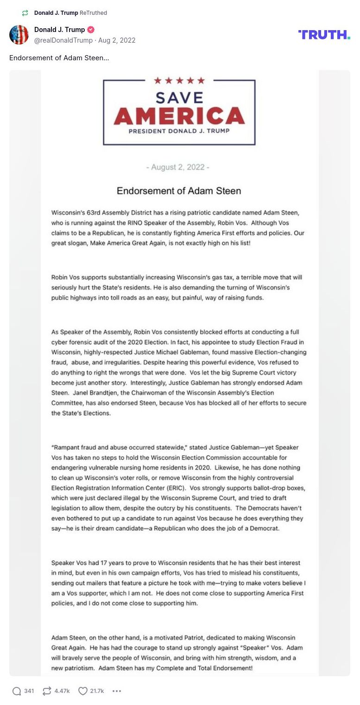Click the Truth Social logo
(324, 35)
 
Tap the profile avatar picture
(19, 35)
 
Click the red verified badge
(91, 30)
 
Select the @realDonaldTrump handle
(63, 40)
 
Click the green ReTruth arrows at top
(25, 13)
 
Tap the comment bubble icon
(17, 691)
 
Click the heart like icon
(82, 691)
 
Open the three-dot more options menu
(117, 691)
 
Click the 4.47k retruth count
(62, 691)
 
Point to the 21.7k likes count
(97, 691)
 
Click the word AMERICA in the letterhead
(179, 116)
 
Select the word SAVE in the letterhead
(179, 97)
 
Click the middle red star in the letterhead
(179, 81)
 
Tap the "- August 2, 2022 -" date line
(178, 167)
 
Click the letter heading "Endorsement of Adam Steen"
(179, 191)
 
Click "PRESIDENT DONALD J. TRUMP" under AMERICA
(179, 131)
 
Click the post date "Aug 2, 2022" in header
(117, 40)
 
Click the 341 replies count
(29, 691)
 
